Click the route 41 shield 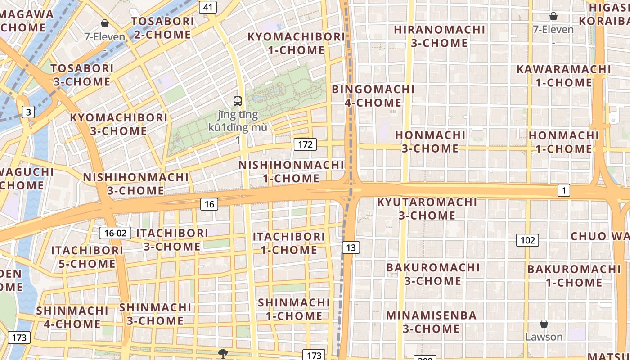point(207,7)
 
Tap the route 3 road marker point(28,112)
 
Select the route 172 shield point(305,144)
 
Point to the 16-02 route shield point(115,233)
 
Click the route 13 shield point(351,247)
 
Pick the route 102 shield point(527,240)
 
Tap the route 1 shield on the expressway point(563,190)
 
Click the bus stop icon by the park point(238,101)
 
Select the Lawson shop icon point(544,324)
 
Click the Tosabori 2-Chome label point(162,28)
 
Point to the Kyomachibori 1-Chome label point(296,43)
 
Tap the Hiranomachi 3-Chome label point(439,36)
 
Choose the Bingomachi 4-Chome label point(373,96)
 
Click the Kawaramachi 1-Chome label point(563,76)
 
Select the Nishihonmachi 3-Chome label point(135,184)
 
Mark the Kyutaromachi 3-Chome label point(427,209)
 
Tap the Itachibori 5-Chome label point(87,257)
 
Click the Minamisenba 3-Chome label point(431,322)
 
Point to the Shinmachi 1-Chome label point(293,309)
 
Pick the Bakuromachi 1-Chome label point(574,276)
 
